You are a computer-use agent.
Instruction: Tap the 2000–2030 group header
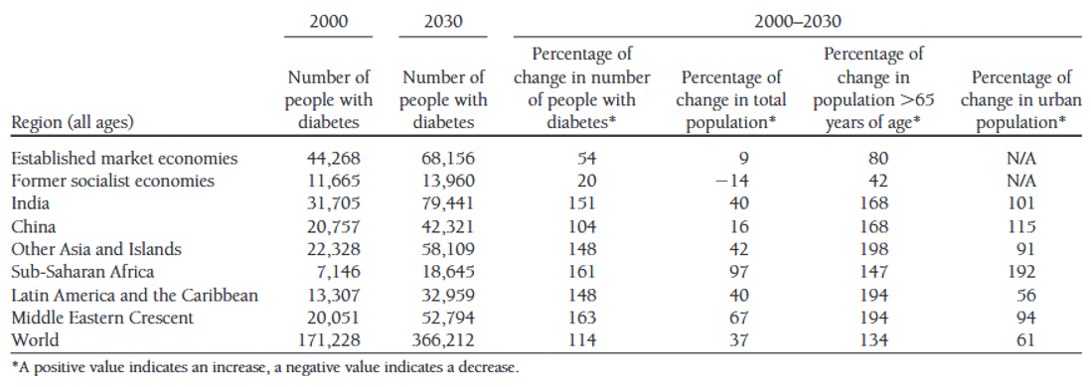point(795,18)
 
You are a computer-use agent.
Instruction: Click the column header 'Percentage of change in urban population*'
point(1020,100)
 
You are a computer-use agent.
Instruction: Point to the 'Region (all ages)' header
point(72,123)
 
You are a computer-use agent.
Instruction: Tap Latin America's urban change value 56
point(1025,295)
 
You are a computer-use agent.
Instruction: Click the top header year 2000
point(329,18)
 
